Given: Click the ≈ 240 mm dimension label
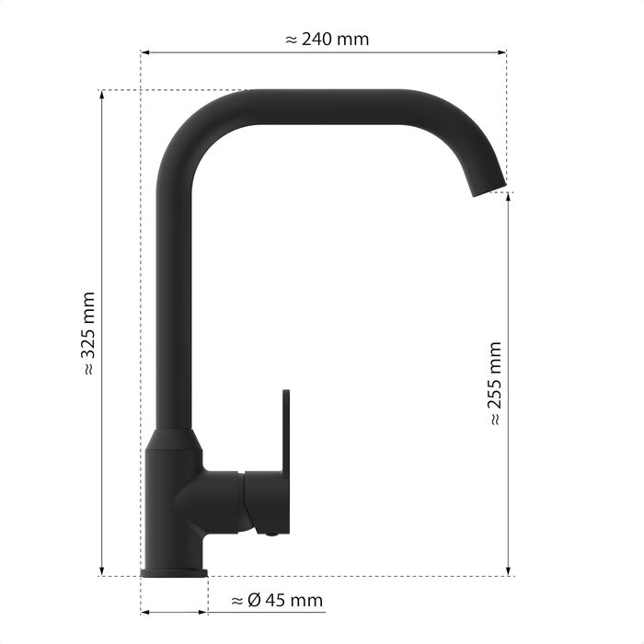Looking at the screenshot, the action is pyautogui.click(x=327, y=40).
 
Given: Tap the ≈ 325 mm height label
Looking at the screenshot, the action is pyautogui.click(x=89, y=333).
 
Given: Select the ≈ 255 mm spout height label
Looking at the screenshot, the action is pyautogui.click(x=496, y=383).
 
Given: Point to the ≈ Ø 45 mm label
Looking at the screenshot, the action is pyautogui.click(x=277, y=601).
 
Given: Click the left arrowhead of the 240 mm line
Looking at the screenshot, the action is pyautogui.click(x=144, y=52).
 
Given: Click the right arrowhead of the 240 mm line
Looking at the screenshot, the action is pyautogui.click(x=502, y=52).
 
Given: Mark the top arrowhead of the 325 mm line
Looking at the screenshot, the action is pyautogui.click(x=102, y=95).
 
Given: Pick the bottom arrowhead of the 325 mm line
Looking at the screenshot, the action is pyautogui.click(x=102, y=571).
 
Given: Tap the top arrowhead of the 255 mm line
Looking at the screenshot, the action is pyautogui.click(x=509, y=197).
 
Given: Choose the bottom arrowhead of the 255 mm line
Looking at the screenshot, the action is pyautogui.click(x=509, y=571).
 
